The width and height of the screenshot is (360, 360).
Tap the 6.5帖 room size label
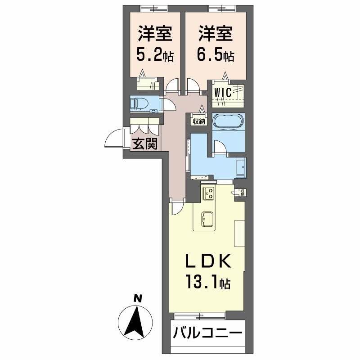[x=215, y=56]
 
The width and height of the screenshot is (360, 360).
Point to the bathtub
[x=228, y=121]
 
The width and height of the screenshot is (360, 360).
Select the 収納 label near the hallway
[x=198, y=121]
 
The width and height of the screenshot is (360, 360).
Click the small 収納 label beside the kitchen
[x=242, y=193]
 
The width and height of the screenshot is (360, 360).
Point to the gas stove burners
[x=209, y=193]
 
